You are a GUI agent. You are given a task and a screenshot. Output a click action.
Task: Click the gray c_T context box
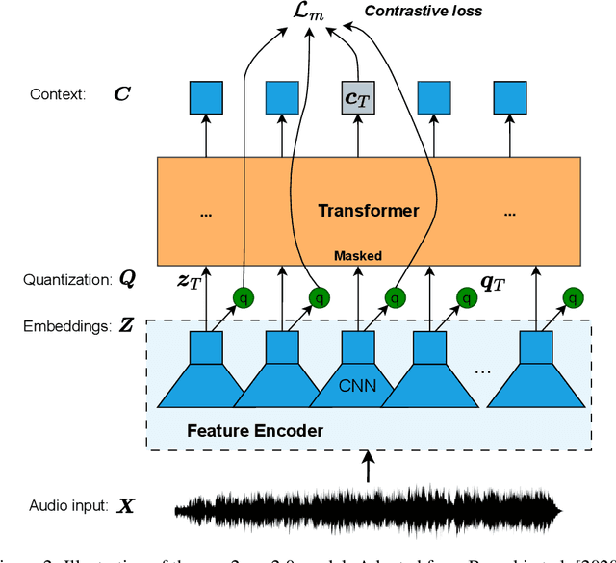coord(358,98)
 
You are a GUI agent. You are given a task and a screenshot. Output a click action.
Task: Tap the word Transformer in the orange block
coord(370,211)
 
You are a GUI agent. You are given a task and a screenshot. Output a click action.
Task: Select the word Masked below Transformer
coord(358,255)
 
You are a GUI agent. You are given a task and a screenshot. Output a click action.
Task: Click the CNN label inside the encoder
coord(358,387)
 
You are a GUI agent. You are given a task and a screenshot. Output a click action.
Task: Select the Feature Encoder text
coord(254,431)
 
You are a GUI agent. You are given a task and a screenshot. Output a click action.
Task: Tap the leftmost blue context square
coord(205,98)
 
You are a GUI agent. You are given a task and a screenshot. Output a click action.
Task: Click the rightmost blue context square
coord(511,98)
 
